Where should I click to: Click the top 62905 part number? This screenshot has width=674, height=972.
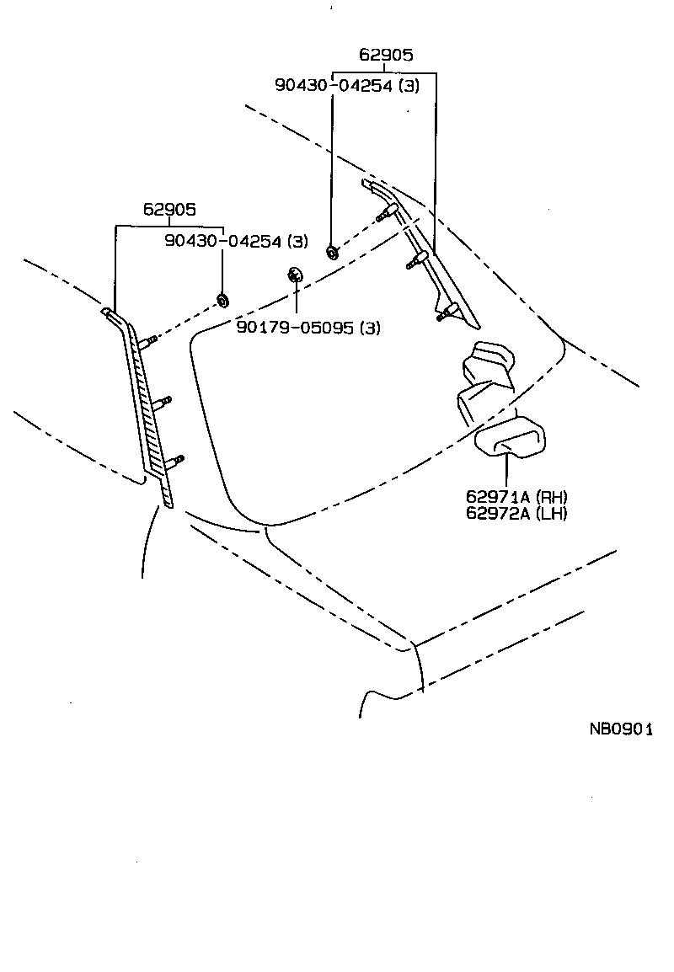(x=386, y=56)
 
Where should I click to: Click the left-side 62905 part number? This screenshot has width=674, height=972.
(x=168, y=210)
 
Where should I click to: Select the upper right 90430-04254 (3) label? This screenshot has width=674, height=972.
(x=346, y=84)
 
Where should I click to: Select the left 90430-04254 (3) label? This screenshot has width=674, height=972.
(x=237, y=241)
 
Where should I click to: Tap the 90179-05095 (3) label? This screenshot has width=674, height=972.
(x=308, y=328)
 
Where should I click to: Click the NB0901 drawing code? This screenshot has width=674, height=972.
(x=621, y=729)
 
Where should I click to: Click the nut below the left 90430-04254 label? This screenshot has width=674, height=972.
(x=223, y=300)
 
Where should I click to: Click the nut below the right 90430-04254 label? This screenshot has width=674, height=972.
(x=332, y=250)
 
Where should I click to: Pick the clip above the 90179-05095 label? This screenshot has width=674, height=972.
(x=296, y=275)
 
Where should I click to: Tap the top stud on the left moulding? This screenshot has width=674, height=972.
(x=147, y=340)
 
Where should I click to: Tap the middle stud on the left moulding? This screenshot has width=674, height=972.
(x=163, y=401)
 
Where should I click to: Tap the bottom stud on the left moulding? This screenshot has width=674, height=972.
(x=176, y=460)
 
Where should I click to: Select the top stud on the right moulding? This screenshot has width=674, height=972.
(x=388, y=212)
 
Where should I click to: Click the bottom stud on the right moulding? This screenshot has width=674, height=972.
(x=447, y=313)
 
